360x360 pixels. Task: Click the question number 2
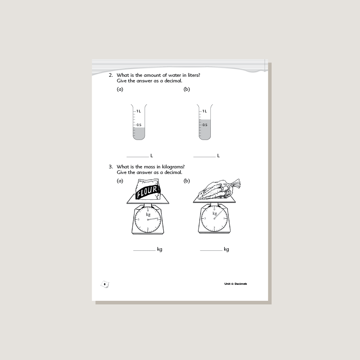(111, 75)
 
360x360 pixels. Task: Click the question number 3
(111, 167)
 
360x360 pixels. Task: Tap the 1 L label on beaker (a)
(138, 111)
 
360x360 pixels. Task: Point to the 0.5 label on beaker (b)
(205, 125)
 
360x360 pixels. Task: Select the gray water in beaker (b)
(205, 130)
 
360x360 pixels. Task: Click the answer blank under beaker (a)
(138, 157)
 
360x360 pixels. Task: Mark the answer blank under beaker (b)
(204, 157)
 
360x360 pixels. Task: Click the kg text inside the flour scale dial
(148, 214)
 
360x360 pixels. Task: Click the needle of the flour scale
(153, 218)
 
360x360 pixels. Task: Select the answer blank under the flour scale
(144, 250)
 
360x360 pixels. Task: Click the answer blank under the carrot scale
(211, 250)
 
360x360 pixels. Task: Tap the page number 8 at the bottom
(105, 284)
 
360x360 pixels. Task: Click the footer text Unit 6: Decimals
(236, 284)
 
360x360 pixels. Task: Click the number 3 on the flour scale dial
(138, 220)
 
